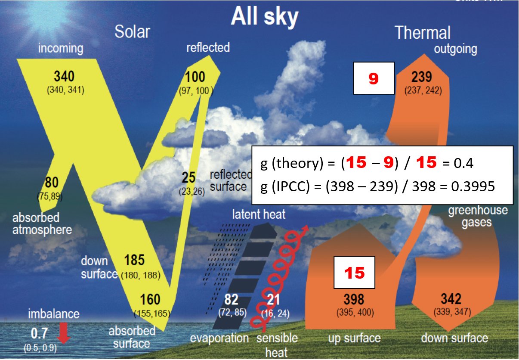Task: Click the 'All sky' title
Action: pos(264,17)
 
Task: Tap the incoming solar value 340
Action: pos(64,76)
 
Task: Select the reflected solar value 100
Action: pos(195,77)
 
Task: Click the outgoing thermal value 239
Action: pos(421,77)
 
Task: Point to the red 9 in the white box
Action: pos(374,78)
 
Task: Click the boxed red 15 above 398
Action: pos(354,273)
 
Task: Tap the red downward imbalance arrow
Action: pos(64,333)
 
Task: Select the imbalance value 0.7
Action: pos(40,333)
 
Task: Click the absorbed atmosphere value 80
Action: pos(52,182)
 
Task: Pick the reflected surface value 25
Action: pos(188,177)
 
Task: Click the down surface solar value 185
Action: pos(134,260)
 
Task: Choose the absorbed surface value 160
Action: pos(150,299)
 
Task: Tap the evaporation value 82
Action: pos(231,299)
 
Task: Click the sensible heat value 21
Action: pos(273,299)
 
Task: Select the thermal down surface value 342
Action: pos(451,299)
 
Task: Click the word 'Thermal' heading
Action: pos(422,32)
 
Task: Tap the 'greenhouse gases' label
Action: pos(478,216)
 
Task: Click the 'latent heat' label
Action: pos(259,214)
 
